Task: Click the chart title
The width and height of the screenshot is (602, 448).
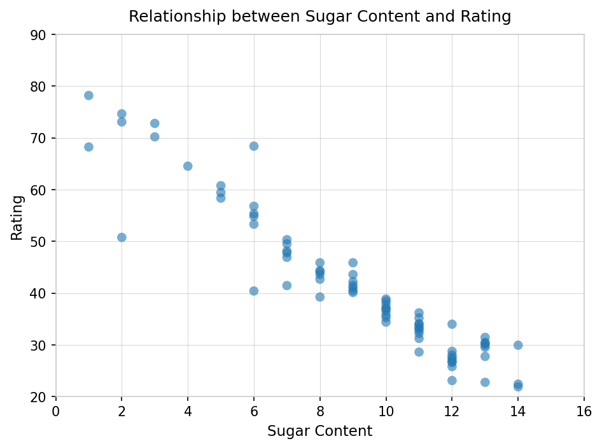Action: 319,17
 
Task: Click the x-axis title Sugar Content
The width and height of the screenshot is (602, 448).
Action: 319,431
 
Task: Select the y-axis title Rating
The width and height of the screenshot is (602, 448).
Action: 17,218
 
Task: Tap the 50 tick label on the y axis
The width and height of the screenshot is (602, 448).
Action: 38,242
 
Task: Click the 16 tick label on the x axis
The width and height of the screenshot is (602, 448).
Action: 584,412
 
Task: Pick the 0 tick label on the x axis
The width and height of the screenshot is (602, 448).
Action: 56,412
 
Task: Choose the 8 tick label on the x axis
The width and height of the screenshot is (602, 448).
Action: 320,412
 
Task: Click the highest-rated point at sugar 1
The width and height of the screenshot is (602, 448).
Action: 88,95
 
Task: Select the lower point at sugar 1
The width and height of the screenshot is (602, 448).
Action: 88,147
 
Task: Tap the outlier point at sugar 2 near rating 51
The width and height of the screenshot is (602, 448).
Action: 122,237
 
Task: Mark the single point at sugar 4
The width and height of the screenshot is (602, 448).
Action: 188,166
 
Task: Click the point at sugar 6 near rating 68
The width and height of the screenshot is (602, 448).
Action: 254,146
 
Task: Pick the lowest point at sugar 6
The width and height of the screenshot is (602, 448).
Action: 254,291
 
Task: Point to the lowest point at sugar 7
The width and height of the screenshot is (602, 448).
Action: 287,286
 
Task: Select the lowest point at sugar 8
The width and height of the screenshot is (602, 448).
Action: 320,297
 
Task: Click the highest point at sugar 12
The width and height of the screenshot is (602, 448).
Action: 452,324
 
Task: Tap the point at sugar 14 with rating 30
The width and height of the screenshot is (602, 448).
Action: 518,345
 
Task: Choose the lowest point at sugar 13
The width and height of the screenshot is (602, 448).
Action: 485,382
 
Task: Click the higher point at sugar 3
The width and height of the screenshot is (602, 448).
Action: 155,123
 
